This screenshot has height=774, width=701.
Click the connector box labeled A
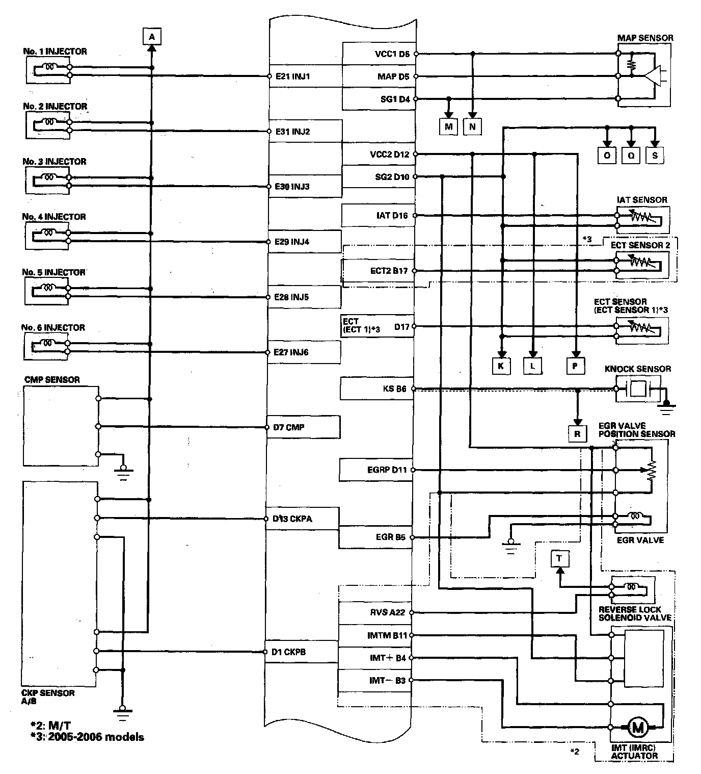[151, 37]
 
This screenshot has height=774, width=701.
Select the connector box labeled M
[448, 126]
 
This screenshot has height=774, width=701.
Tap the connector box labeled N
[472, 126]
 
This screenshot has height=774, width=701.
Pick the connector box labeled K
[501, 366]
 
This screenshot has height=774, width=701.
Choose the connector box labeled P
[575, 366]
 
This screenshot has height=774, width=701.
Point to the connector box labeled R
[577, 434]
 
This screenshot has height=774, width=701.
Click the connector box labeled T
[559, 559]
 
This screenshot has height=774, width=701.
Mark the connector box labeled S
[655, 156]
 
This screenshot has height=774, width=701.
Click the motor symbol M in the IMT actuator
[637, 727]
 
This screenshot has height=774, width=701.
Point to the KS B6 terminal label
[394, 389]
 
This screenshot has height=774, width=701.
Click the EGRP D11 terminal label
[387, 470]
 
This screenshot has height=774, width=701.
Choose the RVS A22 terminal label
[387, 612]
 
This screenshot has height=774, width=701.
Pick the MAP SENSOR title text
[645, 38]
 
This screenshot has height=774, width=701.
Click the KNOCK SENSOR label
[637, 369]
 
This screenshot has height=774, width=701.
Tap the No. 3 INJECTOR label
[55, 162]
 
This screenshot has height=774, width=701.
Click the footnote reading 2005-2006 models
[87, 737]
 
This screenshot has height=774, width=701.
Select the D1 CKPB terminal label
[289, 652]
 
